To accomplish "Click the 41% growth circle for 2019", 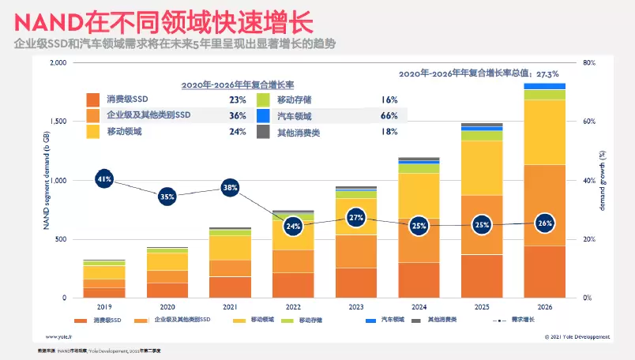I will (x=103, y=179).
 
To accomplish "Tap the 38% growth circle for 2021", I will (x=229, y=188).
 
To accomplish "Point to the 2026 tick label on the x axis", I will (x=545, y=307).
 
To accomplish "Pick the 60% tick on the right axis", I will (x=588, y=122).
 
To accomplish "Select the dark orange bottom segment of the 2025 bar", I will (x=482, y=276).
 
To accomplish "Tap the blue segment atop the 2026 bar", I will (x=545, y=86).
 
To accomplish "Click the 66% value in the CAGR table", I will (x=389, y=116).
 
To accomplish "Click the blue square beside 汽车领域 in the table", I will (x=264, y=116).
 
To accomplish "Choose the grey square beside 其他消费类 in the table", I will (x=264, y=133).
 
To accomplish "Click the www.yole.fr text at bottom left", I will (x=58, y=336).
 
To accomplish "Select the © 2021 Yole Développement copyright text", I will (x=577, y=336).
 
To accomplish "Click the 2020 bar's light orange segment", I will (x=167, y=276).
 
